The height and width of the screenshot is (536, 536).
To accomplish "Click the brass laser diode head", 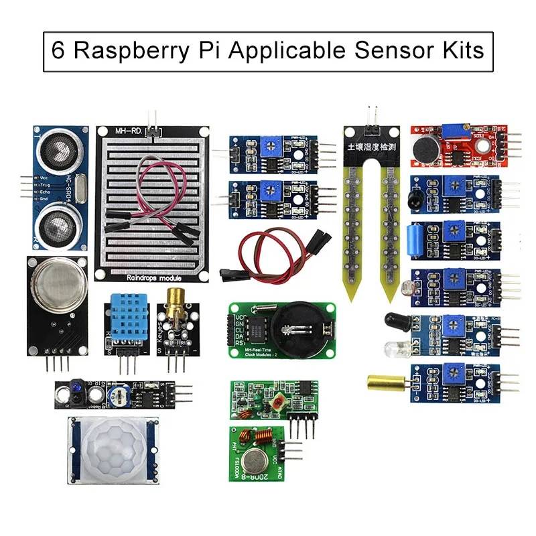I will (178, 304).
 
